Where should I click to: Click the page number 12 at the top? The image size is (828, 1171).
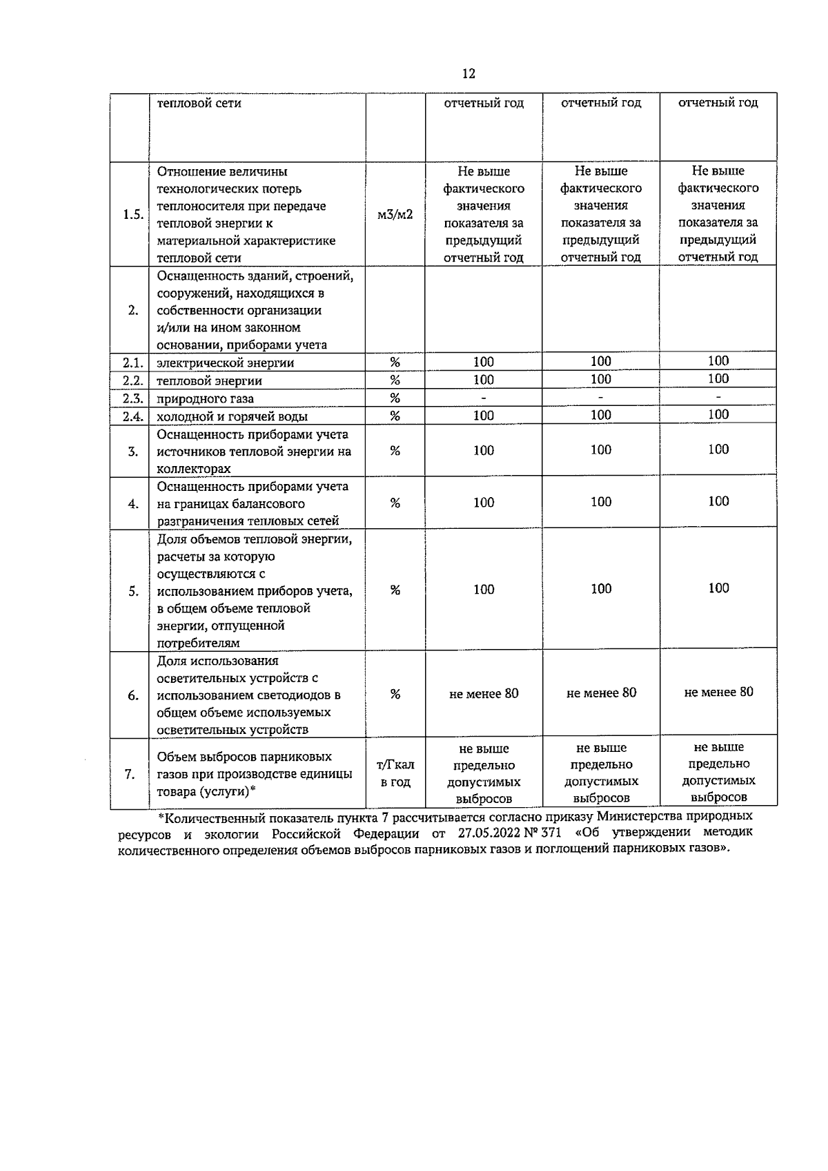coord(469,74)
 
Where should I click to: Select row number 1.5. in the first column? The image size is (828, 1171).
coord(132,214)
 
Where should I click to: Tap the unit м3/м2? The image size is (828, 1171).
coord(395,214)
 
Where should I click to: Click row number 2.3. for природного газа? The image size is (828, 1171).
coord(132,398)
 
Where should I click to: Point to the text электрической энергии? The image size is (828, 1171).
coord(226,362)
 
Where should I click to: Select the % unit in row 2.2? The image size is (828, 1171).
coord(395,380)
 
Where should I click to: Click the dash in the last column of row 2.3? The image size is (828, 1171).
coord(718,397)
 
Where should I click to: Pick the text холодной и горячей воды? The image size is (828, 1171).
coord(233,416)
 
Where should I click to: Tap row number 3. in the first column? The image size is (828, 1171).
coord(133,452)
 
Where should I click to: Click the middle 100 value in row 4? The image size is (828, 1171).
coord(601,502)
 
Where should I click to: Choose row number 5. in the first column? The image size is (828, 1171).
coord(133,591)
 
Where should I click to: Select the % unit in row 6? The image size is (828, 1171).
coord(395,695)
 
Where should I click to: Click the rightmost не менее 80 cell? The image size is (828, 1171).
coord(718,692)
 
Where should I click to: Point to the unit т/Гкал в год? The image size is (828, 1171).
coord(395,773)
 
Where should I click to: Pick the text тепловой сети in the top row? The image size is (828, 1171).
coord(199,104)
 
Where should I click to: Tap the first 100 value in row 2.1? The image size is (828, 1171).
coord(484,362)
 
